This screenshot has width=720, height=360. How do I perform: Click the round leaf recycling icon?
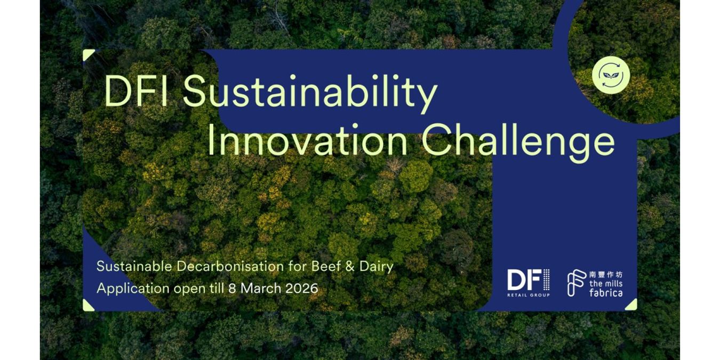611,75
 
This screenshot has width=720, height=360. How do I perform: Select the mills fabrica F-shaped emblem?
576,283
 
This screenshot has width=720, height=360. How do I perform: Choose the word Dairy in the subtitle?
375,266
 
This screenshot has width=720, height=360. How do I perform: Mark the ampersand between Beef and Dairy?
350,266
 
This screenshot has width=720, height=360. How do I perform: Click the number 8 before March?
231,289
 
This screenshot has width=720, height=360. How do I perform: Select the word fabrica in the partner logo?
605,293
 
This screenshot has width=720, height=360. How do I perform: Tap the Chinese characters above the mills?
605,275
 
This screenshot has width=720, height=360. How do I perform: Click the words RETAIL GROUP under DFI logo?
528,294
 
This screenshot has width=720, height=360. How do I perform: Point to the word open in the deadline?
187,289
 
